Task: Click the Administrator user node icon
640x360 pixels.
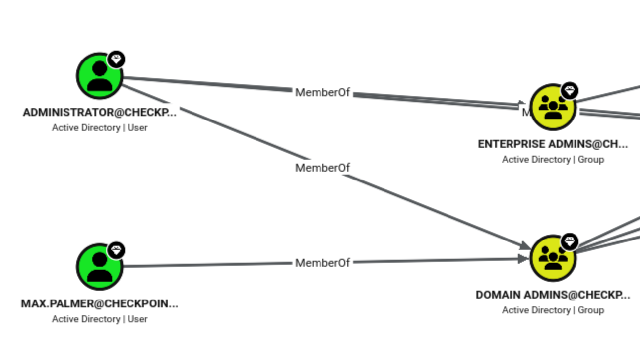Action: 100,76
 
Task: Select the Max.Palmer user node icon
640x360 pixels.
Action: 100,267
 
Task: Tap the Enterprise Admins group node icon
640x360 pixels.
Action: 553,107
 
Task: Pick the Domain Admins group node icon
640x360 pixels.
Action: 553,258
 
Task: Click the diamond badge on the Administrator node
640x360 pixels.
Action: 116,60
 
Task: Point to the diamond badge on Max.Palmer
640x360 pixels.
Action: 116,250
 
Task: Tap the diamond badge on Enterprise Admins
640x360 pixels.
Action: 570,91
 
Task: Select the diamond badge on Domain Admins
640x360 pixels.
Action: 570,241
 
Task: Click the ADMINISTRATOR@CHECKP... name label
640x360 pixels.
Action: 100,113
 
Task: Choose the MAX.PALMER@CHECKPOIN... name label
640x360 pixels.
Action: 100,304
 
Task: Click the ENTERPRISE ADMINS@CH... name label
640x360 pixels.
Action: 553,144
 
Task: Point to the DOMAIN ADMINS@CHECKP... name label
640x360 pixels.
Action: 553,295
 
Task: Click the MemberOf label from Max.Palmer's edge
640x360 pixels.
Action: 322,263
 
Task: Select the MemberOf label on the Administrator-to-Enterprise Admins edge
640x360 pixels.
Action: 322,93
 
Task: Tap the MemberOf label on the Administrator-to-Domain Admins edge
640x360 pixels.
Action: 322,168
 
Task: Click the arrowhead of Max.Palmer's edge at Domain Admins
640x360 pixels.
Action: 524,259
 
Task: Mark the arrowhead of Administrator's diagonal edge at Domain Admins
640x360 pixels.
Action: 525,246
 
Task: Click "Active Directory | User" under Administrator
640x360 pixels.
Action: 100,127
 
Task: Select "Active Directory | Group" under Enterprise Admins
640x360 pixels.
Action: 553,159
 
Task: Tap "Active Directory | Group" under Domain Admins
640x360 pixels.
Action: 553,310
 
